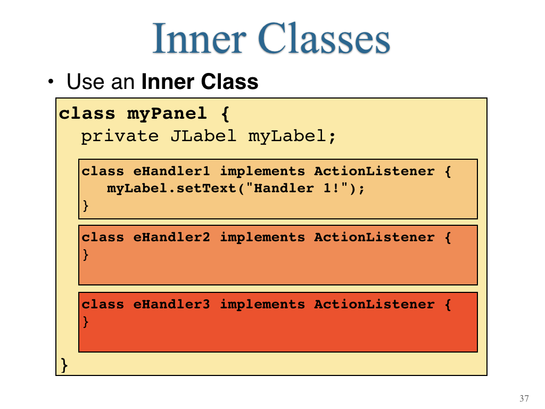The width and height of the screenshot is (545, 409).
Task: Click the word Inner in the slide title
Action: (200, 38)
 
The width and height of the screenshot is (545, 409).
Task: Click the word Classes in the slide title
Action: (324, 38)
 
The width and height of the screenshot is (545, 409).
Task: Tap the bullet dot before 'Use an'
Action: (51, 81)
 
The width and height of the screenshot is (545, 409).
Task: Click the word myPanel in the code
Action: (167, 114)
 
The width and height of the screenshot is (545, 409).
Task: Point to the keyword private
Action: (120, 136)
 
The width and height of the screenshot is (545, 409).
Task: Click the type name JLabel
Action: (203, 136)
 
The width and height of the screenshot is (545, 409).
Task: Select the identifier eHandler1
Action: (172, 171)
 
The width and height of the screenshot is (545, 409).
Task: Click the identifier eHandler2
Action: (172, 237)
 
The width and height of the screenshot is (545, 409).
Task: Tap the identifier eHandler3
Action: (172, 304)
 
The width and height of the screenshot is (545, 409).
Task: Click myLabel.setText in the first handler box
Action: (172, 189)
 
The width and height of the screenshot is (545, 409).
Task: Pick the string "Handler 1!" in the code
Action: (297, 188)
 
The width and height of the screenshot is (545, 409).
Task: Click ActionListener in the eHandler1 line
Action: (374, 171)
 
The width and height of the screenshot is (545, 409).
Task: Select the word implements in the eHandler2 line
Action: (262, 237)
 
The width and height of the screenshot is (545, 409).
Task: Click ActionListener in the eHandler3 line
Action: (374, 304)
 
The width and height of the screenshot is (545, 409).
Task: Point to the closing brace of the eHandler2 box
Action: (86, 255)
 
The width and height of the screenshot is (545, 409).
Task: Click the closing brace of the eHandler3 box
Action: (86, 322)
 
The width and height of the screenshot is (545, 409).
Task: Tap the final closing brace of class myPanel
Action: (64, 365)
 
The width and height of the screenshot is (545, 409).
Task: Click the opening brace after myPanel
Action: (225, 114)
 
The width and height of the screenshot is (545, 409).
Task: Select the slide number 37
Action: (524, 398)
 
